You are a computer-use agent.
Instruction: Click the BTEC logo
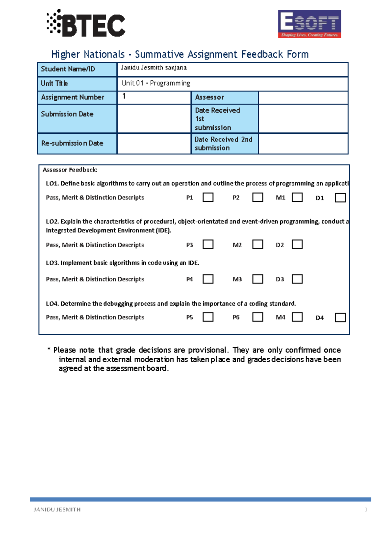86,23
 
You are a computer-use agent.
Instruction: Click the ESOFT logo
309,24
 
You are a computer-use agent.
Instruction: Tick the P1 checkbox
208,197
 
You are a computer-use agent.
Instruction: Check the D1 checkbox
340,197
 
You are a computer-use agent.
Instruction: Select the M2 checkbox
257,244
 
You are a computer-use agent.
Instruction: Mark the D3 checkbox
297,279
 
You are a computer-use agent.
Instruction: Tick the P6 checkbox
257,317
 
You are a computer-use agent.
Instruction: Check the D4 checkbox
340,317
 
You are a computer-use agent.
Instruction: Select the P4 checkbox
208,279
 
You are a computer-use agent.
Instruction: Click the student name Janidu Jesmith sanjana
154,68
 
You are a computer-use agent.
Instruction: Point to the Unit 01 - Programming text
156,83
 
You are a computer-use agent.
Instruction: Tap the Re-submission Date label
72,143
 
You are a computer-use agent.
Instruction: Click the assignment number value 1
124,96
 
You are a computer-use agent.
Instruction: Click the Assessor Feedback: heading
70,170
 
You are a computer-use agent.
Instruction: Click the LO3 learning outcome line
123,263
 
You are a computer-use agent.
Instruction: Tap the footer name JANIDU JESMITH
57,510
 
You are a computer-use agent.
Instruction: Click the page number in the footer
366,510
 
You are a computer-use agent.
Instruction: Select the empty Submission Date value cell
154,118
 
